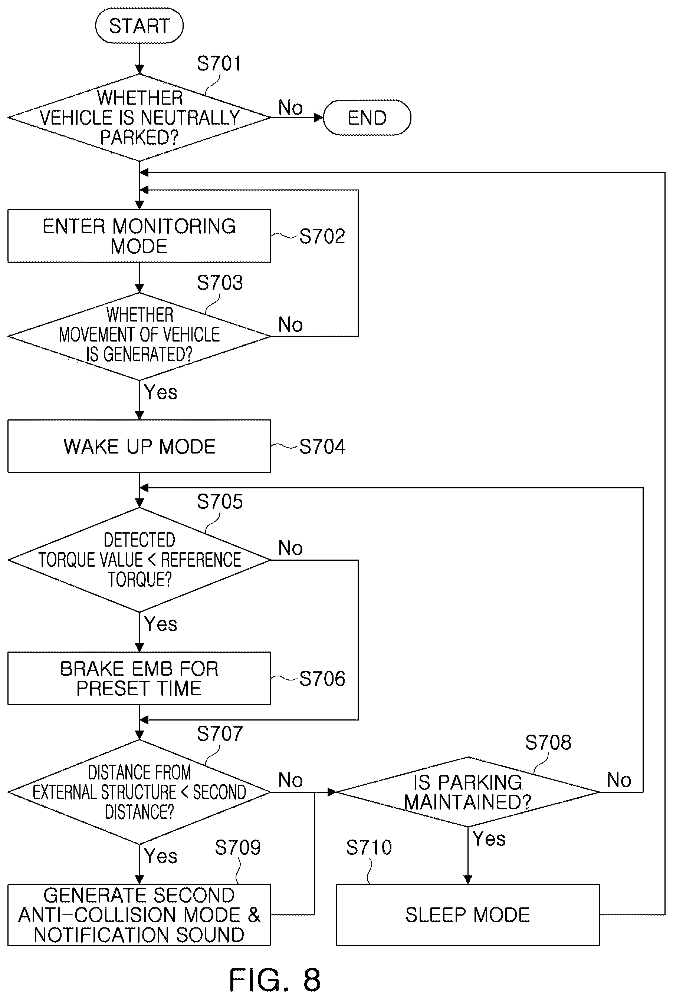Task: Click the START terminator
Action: (139, 26)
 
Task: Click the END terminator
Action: (367, 118)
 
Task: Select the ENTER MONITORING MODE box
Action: (139, 236)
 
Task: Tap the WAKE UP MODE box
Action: (139, 446)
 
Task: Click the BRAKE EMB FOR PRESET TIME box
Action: (139, 678)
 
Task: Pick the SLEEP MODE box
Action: (467, 914)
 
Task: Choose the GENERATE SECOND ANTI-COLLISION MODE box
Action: (139, 914)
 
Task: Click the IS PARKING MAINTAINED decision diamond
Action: (468, 792)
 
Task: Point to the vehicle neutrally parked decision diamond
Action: (139, 118)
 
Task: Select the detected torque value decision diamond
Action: (139, 560)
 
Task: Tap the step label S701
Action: (219, 63)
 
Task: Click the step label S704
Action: (322, 446)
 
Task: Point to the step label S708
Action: (548, 742)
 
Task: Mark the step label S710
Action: (369, 848)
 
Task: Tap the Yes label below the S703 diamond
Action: (161, 392)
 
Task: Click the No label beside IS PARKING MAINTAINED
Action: (619, 780)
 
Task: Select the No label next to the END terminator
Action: (290, 107)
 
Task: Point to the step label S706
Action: (322, 679)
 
